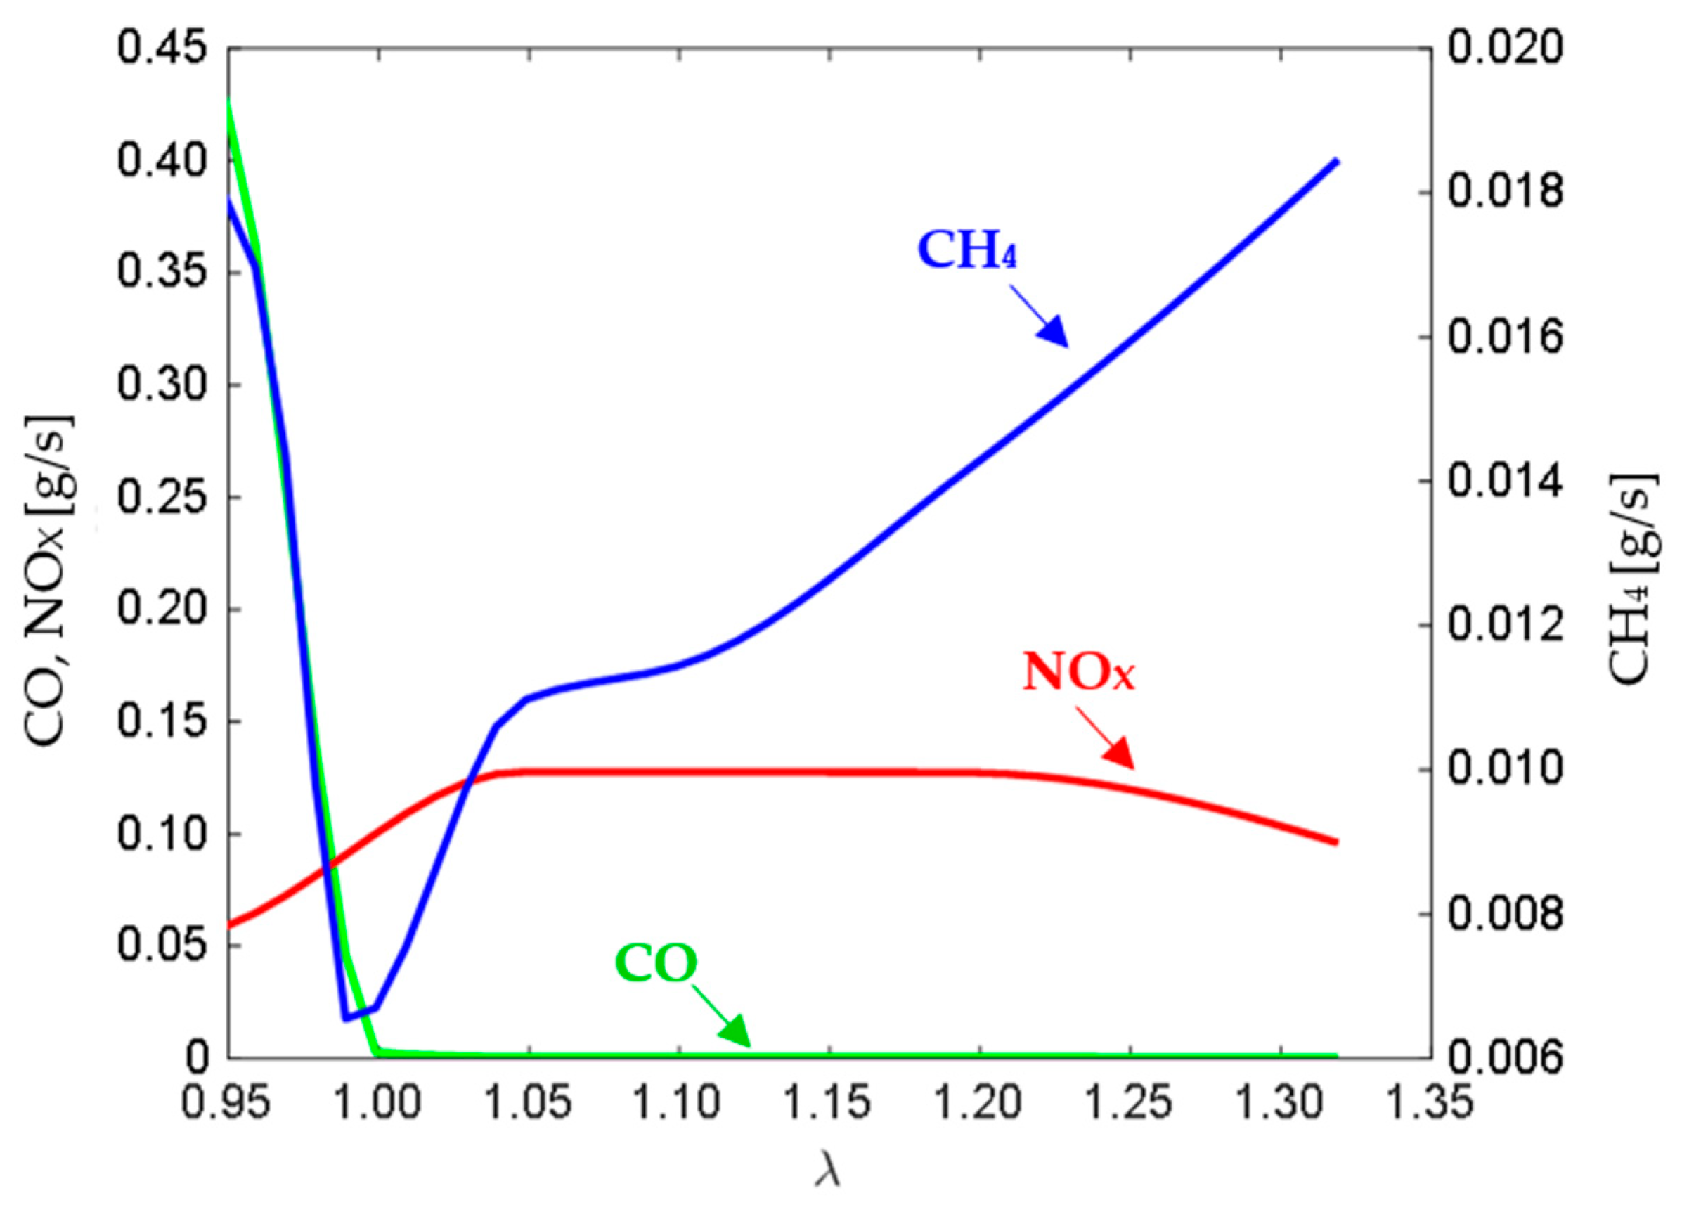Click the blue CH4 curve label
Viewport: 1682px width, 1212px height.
point(967,250)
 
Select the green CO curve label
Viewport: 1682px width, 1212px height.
point(657,964)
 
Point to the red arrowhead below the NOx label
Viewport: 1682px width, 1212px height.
point(1118,753)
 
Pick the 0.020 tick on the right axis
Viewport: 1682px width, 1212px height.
point(1505,49)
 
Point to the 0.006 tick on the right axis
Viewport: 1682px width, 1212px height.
point(1505,1058)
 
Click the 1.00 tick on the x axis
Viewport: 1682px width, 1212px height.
point(378,1102)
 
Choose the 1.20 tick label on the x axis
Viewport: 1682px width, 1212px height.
point(980,1102)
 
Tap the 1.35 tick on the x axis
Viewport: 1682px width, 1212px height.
point(1430,1102)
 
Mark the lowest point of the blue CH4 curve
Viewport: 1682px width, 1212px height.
point(346,1019)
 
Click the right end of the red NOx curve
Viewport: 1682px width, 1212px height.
point(1335,842)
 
